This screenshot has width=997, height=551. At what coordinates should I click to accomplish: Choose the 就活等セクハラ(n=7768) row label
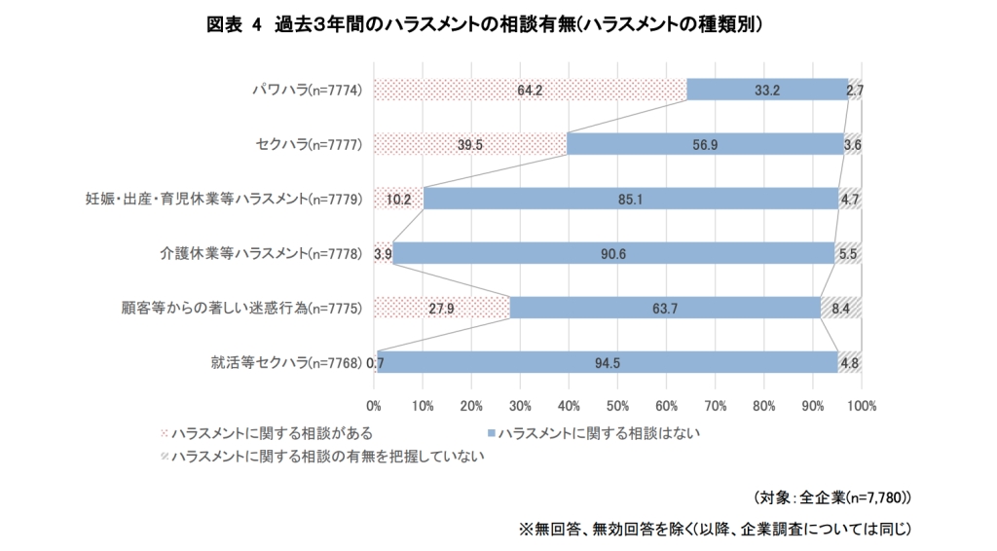point(287,363)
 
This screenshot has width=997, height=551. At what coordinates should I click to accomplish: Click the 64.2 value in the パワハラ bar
point(530,91)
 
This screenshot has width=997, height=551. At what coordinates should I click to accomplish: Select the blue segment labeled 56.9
point(705,145)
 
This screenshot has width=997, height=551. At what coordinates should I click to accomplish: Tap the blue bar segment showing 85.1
point(631,200)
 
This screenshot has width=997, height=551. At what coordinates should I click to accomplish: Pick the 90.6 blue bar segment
point(613,254)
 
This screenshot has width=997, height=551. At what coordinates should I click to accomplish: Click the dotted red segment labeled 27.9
point(441,309)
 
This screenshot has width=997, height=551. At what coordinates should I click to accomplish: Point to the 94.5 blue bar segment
point(608,363)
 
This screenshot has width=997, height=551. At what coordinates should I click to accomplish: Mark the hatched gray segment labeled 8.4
point(841,309)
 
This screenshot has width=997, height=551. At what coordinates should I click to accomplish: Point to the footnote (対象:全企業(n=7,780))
point(832,497)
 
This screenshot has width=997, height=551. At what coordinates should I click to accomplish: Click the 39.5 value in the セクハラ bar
point(470,145)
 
